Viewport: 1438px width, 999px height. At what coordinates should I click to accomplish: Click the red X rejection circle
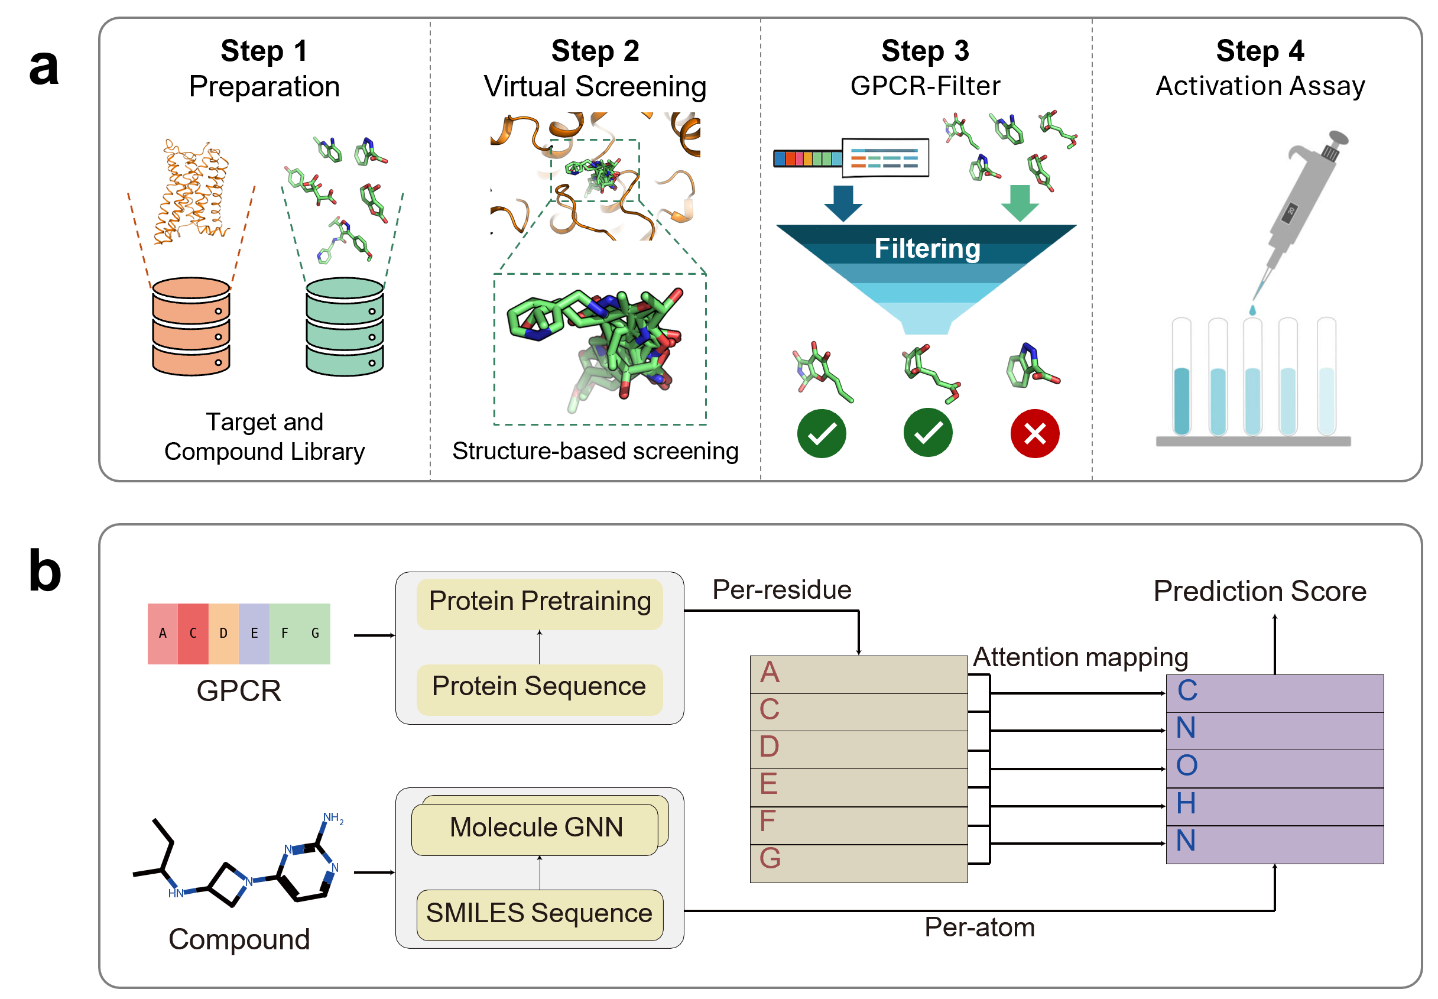click(x=1034, y=433)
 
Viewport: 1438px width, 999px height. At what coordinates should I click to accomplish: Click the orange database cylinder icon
click(x=191, y=327)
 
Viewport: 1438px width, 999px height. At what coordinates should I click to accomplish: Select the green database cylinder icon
click(x=344, y=327)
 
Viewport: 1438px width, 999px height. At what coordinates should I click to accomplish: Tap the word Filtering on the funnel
click(x=927, y=248)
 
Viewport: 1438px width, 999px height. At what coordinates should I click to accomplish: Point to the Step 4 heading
click(x=1259, y=51)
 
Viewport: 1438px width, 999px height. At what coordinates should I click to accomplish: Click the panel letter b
click(x=45, y=571)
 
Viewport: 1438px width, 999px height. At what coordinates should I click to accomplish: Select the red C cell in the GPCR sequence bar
click(x=193, y=633)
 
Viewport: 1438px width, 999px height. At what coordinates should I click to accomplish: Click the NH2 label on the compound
click(x=333, y=818)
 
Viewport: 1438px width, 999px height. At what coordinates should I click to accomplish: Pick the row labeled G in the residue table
click(x=858, y=863)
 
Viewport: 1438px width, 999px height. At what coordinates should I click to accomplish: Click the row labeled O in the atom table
click(x=1274, y=768)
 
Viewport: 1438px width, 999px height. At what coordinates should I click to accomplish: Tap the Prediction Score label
click(x=1259, y=592)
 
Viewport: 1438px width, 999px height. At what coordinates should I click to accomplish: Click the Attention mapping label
click(x=1080, y=657)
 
